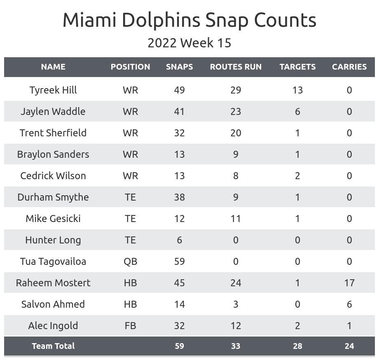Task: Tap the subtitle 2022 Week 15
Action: point(189,43)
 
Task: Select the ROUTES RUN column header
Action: point(236,67)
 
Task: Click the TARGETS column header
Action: point(297,67)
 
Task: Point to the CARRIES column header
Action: point(349,67)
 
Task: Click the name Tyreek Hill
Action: point(53,90)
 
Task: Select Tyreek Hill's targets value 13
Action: point(297,90)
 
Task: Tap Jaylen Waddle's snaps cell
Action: point(179,112)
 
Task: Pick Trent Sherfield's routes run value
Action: point(236,133)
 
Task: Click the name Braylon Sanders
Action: point(53,154)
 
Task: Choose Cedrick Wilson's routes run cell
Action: point(236,176)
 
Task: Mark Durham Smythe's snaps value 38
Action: point(179,197)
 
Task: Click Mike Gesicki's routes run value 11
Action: point(236,219)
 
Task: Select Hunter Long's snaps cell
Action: point(179,240)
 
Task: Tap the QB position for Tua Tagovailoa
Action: point(130,262)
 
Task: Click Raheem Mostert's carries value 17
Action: point(349,283)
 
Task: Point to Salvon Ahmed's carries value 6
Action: point(349,304)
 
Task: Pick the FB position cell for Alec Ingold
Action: point(130,326)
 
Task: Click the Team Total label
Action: point(53,346)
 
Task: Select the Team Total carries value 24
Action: point(349,346)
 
